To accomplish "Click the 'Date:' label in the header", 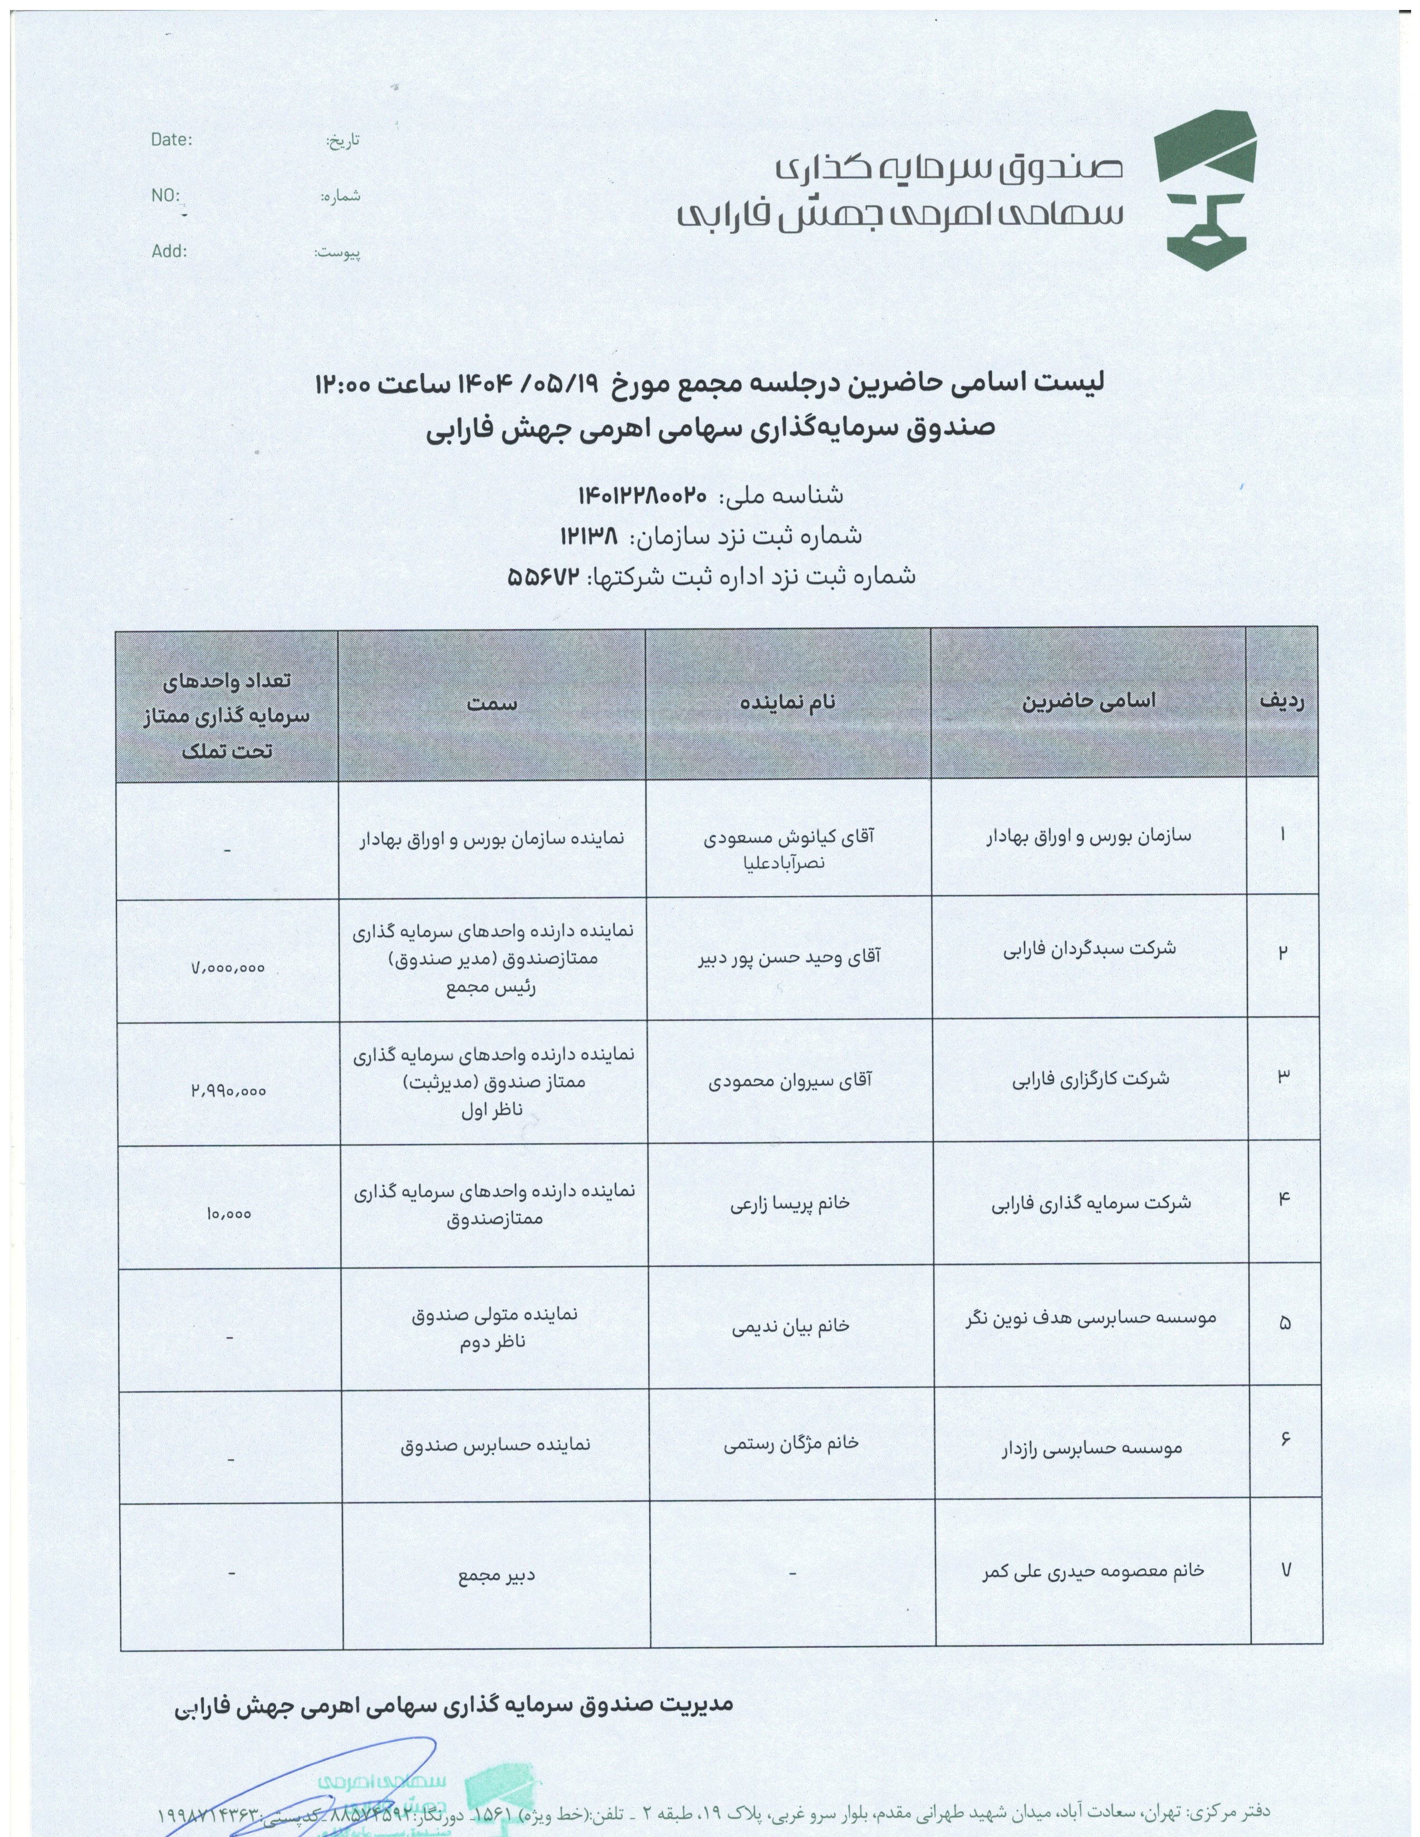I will [x=172, y=140].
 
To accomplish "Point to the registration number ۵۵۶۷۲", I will [x=545, y=576].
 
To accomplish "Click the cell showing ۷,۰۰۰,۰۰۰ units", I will [x=228, y=968].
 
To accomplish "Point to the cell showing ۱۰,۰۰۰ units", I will [x=228, y=1214].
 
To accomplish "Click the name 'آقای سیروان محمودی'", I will [x=790, y=1080].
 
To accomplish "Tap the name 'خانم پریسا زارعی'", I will [x=790, y=1204].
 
